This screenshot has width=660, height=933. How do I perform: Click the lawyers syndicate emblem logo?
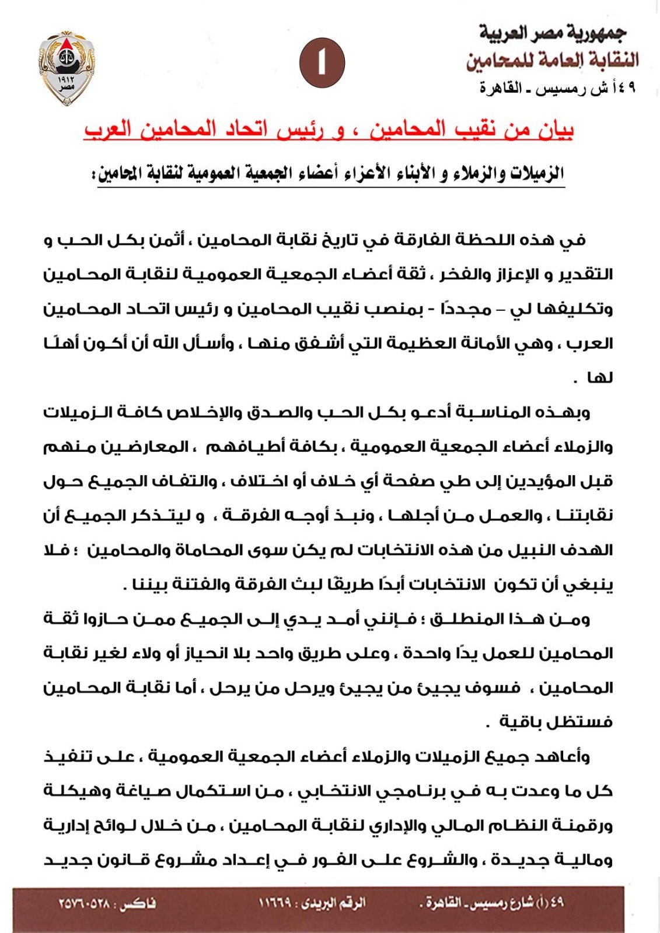pyautogui.click(x=67, y=66)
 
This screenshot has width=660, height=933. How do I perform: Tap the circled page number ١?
pyautogui.click(x=322, y=63)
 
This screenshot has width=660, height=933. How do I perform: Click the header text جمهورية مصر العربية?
pyautogui.click(x=553, y=33)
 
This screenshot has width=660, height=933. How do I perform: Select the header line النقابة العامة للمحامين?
pyautogui.click(x=552, y=59)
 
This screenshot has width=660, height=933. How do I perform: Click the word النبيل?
pyautogui.click(x=525, y=550)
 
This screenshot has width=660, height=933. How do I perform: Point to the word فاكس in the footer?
pyautogui.click(x=138, y=904)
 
